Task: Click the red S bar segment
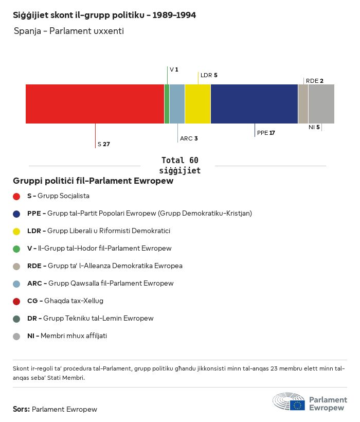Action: (95, 104)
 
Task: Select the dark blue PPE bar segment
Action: (254, 104)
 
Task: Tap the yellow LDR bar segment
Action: (197, 104)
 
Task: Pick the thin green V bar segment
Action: (167, 104)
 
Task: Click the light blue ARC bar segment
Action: (177, 104)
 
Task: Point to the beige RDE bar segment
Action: (303, 104)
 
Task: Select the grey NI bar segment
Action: (321, 104)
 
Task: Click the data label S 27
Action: (103, 144)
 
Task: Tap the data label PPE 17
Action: (266, 133)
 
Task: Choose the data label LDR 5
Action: (209, 75)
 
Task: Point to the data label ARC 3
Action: (189, 138)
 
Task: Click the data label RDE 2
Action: (314, 81)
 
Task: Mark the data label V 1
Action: (174, 69)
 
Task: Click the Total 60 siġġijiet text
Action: (179, 165)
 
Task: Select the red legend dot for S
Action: (16, 196)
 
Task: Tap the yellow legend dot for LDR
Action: (16, 231)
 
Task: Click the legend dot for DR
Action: (16, 319)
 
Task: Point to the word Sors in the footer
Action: (21, 409)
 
